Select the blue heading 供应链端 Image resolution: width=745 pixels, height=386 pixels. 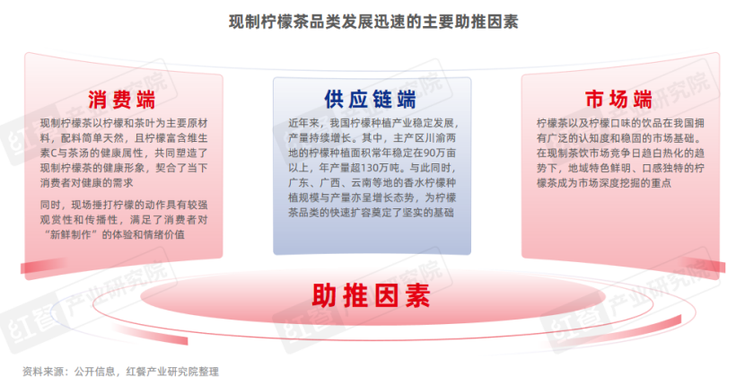[371, 99]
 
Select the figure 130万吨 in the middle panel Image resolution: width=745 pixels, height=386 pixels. [378, 168]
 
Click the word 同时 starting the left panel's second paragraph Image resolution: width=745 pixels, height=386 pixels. [51, 203]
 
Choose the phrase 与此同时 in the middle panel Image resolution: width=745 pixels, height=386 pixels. [438, 168]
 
